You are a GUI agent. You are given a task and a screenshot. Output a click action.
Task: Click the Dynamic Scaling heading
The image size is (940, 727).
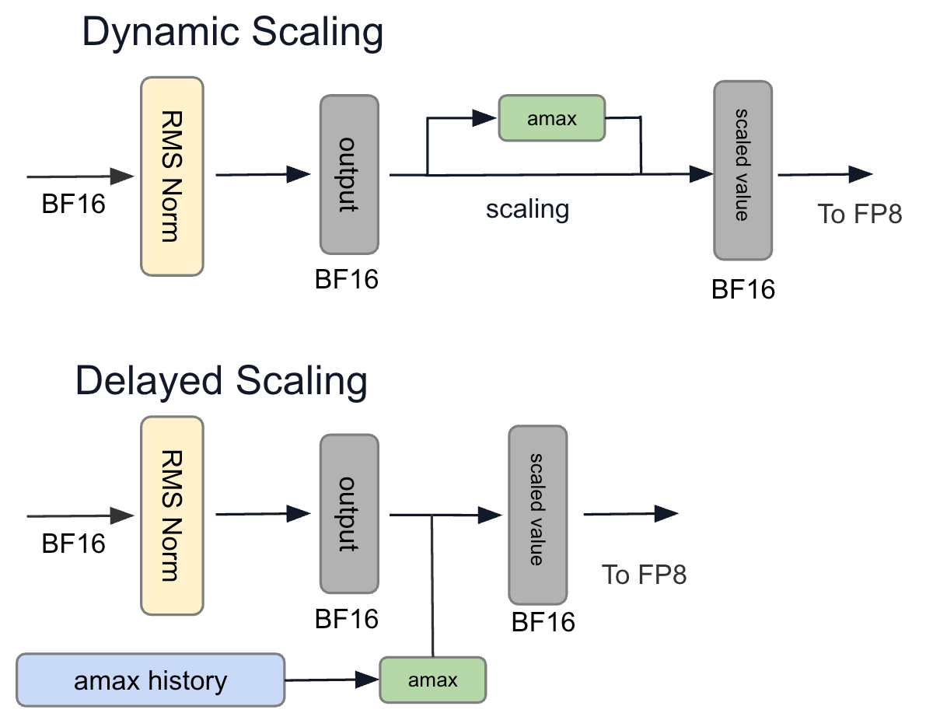(232, 33)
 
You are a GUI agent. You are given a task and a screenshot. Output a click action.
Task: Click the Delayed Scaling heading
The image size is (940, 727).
(222, 382)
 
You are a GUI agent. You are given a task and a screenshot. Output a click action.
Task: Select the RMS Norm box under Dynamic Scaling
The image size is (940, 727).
(172, 177)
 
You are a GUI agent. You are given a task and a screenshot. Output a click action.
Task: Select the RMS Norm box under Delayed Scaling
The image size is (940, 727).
(172, 516)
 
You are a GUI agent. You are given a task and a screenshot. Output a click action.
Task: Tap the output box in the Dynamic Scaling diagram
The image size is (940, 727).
(350, 174)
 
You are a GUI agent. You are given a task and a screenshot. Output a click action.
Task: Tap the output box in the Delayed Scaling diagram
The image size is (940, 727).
(350, 514)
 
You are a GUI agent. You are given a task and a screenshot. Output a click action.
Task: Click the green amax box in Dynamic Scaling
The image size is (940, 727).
(552, 118)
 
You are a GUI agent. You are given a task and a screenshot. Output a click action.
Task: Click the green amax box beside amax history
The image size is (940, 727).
(433, 680)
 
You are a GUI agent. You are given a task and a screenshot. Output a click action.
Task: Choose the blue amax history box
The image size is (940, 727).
(151, 680)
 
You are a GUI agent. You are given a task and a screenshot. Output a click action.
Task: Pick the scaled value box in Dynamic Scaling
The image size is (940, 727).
(743, 170)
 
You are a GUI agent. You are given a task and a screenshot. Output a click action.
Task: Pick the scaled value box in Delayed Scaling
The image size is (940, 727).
(538, 515)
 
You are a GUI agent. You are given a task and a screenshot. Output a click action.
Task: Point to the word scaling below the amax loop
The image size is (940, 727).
(527, 209)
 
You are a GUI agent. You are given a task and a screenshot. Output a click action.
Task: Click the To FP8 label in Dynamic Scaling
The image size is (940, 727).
(860, 214)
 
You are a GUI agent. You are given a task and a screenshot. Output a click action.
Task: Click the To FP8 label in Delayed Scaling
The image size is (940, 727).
(644, 575)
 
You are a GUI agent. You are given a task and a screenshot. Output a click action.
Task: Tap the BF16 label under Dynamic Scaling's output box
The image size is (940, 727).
(347, 279)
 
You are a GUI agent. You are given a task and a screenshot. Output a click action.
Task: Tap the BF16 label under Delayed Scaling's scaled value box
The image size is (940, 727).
(543, 622)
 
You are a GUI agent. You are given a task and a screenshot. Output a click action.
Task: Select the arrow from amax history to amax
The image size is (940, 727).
(332, 680)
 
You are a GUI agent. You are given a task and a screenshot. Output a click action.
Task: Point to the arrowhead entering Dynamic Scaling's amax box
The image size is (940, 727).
(484, 117)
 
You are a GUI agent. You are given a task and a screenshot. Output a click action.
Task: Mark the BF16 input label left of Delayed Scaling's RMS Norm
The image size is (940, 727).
(74, 544)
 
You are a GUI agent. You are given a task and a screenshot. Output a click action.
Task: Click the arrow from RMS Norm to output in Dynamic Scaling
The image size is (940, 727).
(263, 174)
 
